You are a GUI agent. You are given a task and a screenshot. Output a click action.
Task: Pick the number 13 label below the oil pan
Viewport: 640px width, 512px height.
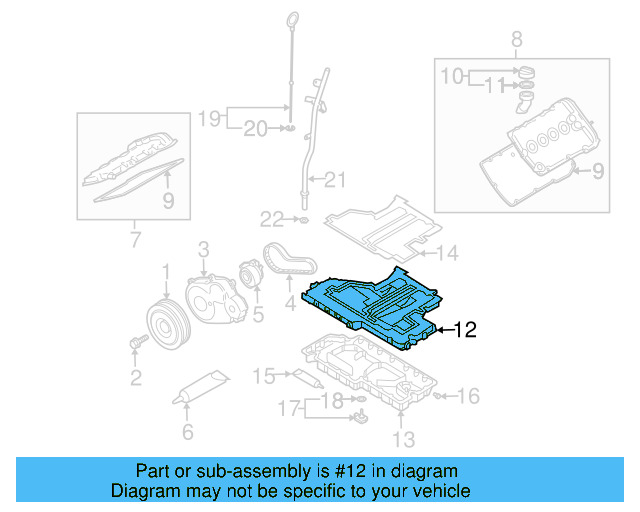(x=402, y=438)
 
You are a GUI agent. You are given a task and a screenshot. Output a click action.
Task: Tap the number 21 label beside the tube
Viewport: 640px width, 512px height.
(x=333, y=180)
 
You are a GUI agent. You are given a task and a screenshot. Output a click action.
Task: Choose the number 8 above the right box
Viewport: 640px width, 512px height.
(x=516, y=40)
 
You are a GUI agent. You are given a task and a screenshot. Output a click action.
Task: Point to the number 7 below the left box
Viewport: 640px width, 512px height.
(x=136, y=240)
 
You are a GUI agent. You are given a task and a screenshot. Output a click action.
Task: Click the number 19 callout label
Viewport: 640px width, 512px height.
(x=207, y=119)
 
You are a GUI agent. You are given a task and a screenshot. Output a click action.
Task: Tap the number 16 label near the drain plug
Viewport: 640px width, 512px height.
(x=469, y=396)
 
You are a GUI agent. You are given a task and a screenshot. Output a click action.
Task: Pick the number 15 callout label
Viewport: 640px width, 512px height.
(x=263, y=377)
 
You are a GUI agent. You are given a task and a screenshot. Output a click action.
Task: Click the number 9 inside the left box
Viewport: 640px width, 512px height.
(x=168, y=201)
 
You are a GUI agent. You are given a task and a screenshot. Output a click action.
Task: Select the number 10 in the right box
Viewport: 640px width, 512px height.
(x=453, y=75)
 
